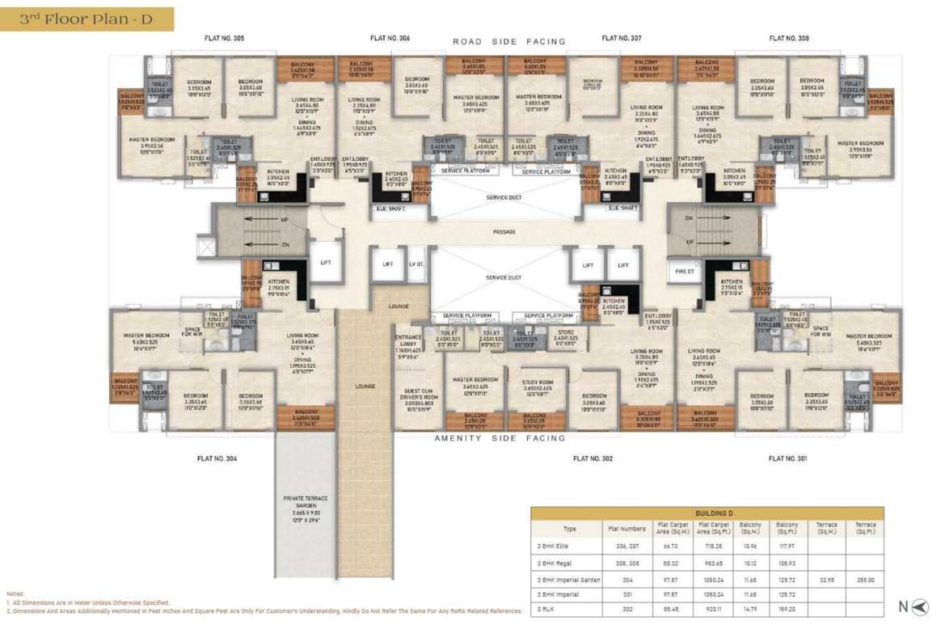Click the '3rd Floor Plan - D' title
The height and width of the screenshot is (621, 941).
[x=87, y=18]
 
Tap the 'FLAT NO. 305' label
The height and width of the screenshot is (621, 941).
[x=227, y=38]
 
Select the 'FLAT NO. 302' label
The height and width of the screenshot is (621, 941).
[x=593, y=458]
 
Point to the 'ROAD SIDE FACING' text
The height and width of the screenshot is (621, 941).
[x=508, y=41]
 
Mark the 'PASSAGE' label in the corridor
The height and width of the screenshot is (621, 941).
[x=504, y=232]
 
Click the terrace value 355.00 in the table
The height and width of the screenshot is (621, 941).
[x=866, y=580]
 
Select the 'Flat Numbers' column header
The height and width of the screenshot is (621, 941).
[x=626, y=529]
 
